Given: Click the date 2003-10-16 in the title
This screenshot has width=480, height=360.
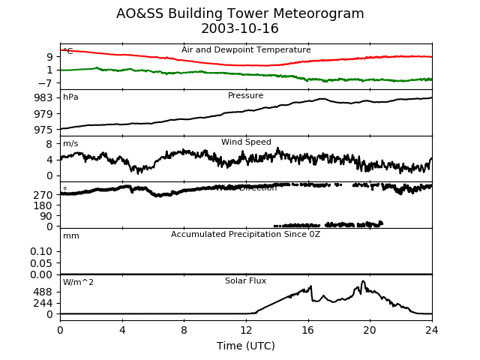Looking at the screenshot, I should [x=240, y=29].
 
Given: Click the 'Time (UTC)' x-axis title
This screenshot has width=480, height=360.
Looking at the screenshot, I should [x=246, y=346].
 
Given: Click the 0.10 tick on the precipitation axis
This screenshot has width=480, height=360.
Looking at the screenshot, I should [x=41, y=252].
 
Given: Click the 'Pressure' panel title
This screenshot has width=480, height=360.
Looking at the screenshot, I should [x=246, y=96].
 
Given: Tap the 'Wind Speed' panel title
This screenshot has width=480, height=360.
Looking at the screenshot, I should [x=246, y=142].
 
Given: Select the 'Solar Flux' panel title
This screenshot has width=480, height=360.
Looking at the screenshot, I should [x=246, y=281].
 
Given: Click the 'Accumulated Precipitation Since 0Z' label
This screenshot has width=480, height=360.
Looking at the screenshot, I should [x=246, y=235].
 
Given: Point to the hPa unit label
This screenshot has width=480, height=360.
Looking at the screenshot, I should [x=70, y=97].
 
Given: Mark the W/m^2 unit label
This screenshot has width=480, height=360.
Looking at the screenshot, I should [x=78, y=283].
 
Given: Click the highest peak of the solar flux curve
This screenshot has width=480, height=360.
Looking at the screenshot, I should [x=363, y=281].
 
